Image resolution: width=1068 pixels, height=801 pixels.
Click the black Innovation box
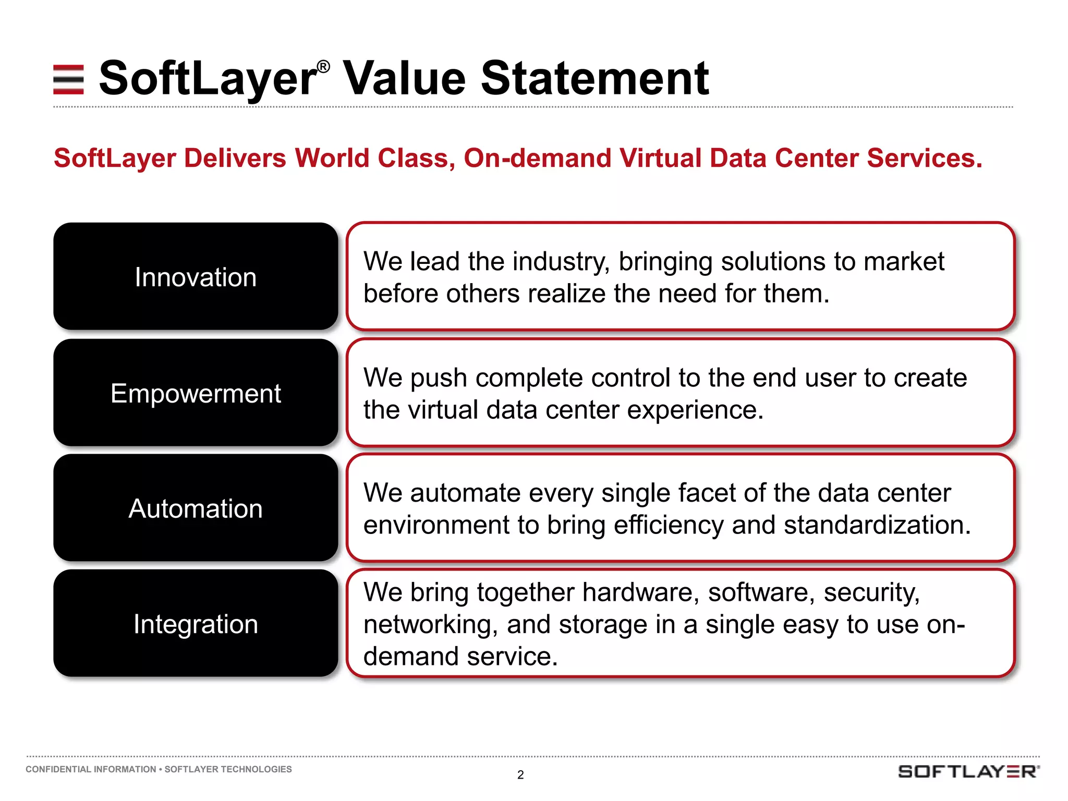tap(196, 276)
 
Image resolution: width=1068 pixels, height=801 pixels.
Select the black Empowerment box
tap(196, 393)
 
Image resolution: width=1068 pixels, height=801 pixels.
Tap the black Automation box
tap(196, 508)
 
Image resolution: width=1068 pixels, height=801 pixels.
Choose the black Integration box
tap(196, 624)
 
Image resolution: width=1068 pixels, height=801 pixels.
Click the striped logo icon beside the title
tap(68, 79)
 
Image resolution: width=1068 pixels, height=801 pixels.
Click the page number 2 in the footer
tap(520, 775)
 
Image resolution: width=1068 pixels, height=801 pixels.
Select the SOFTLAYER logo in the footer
tap(968, 771)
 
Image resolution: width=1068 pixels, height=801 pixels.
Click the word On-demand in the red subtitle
tap(537, 158)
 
